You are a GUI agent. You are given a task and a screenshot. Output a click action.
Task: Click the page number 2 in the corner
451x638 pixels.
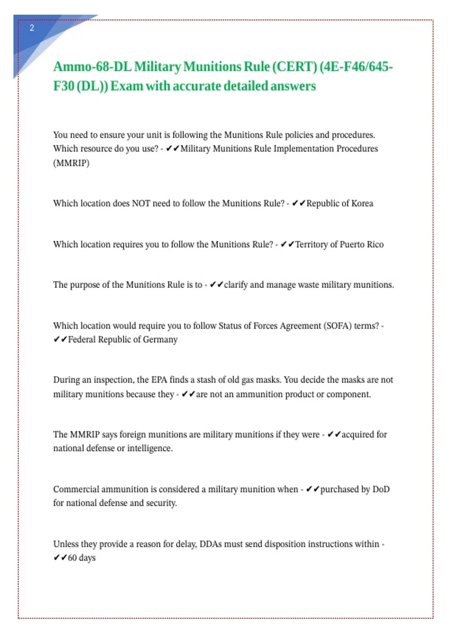tap(32, 28)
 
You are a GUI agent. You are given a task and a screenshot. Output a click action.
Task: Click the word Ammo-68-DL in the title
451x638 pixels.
tap(92, 67)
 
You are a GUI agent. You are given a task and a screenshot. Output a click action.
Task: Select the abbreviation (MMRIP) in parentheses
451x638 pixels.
tap(71, 163)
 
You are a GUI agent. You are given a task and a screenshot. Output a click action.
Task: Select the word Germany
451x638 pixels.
tap(160, 340)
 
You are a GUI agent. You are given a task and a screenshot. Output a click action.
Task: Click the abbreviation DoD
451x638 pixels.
tap(381, 489)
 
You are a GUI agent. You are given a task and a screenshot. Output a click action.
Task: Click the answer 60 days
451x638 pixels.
tap(82, 558)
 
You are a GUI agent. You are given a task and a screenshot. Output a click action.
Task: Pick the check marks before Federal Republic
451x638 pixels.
tap(60, 340)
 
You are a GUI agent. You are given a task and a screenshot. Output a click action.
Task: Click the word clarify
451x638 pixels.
tap(236, 285)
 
